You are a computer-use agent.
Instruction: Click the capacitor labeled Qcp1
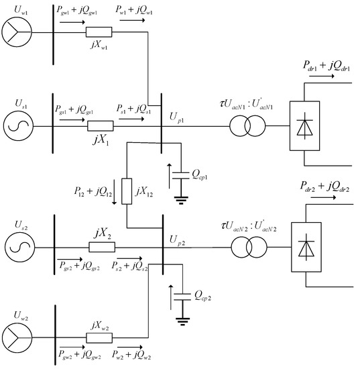(179, 175)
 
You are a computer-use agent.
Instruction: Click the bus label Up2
(178, 238)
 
